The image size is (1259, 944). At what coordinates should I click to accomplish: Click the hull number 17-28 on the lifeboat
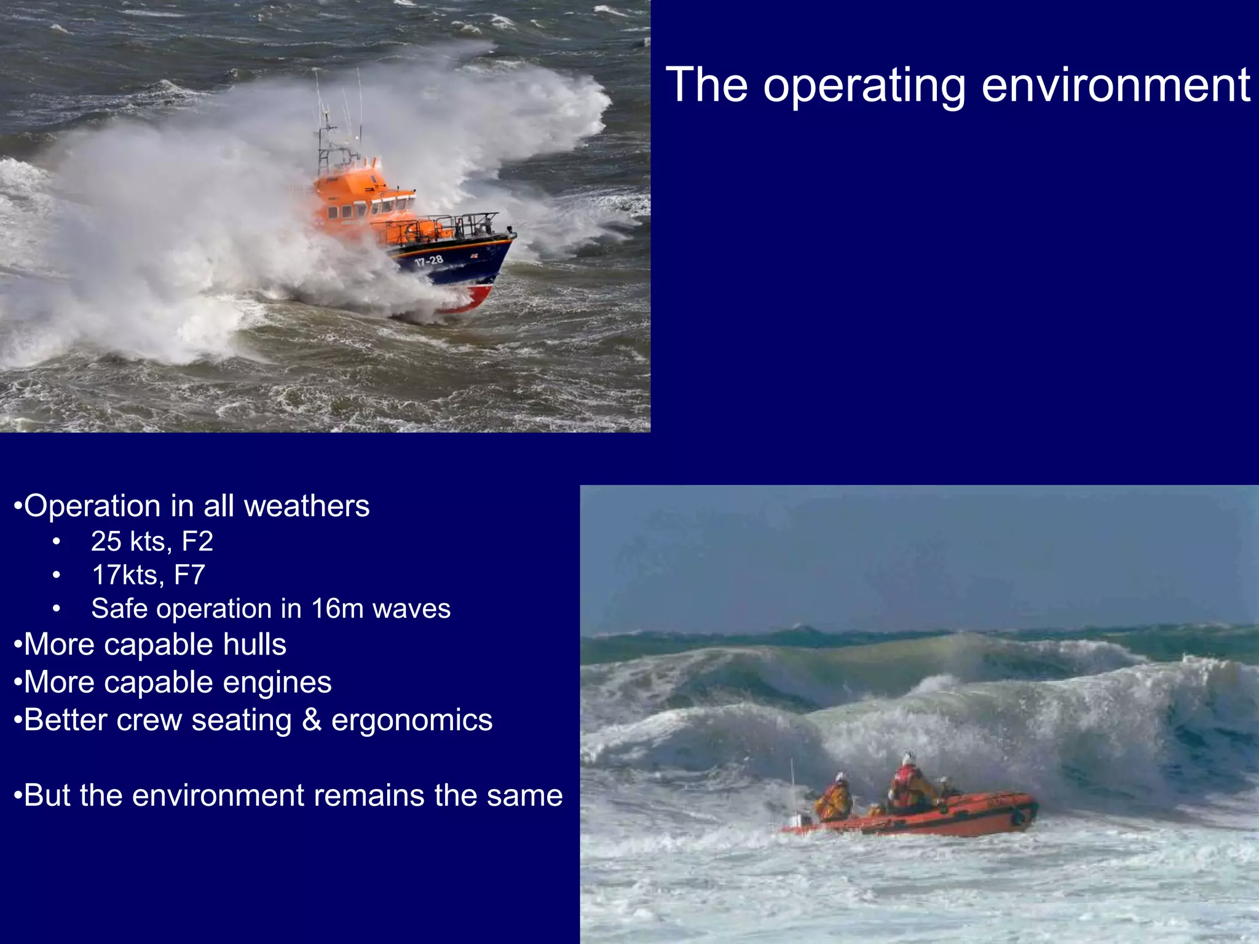pyautogui.click(x=428, y=261)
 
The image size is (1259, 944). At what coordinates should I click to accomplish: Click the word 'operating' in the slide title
pyautogui.click(x=864, y=86)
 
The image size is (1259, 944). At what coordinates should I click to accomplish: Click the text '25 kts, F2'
pyautogui.click(x=152, y=541)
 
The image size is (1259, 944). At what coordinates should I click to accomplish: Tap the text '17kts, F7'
pyautogui.click(x=148, y=575)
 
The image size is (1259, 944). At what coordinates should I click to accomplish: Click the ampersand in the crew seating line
pyautogui.click(x=312, y=720)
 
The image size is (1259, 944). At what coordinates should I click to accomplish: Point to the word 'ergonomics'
pyautogui.click(x=412, y=721)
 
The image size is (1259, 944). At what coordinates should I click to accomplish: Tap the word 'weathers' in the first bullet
pyautogui.click(x=307, y=506)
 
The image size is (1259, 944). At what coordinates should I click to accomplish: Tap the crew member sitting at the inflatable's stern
pyautogui.click(x=834, y=799)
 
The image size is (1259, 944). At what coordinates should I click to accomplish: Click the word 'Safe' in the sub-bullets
pyautogui.click(x=120, y=608)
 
